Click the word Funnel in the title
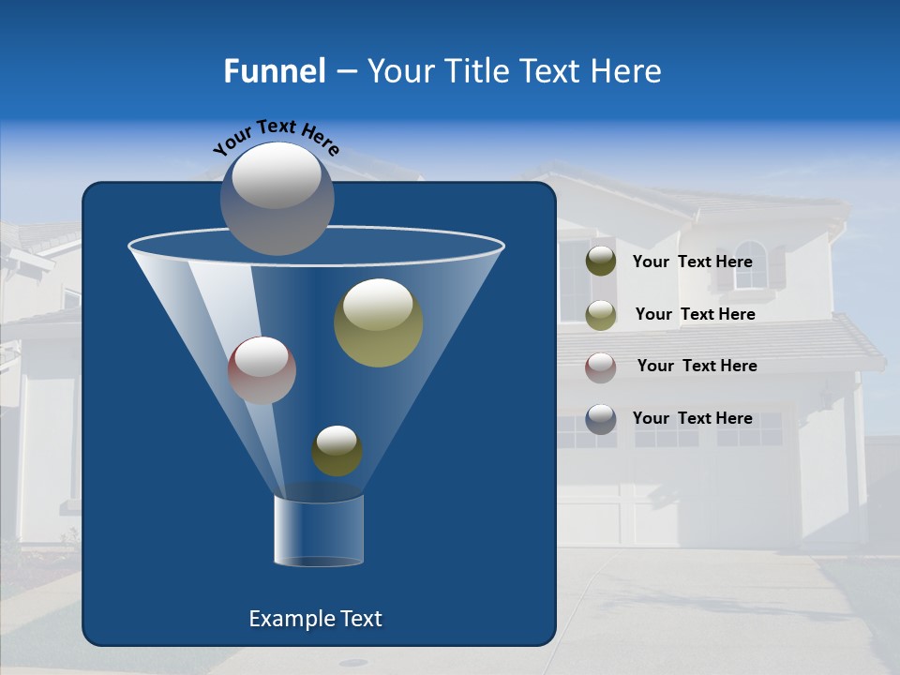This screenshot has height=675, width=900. tap(274, 71)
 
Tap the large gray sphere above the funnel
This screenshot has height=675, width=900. tap(277, 198)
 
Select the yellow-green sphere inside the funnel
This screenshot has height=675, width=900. tap(379, 322)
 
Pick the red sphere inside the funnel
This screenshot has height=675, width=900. tap(262, 369)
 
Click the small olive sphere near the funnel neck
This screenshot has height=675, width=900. tap(337, 451)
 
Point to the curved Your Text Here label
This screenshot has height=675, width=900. tap(276, 137)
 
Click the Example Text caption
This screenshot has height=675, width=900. tap(315, 619)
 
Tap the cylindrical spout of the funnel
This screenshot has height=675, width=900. tap(319, 530)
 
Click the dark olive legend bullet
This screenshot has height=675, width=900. tap(601, 262)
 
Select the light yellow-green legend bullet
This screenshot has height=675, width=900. tap(601, 314)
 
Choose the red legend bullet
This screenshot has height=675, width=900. tap(601, 367)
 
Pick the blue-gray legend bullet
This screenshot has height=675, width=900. tap(601, 418)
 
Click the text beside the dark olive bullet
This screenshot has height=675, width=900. tap(692, 262)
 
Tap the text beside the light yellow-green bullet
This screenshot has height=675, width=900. tap(695, 314)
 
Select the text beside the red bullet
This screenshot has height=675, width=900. tap(697, 366)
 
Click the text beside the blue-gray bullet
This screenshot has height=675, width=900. tap(692, 418)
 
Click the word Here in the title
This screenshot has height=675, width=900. tap(627, 71)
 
